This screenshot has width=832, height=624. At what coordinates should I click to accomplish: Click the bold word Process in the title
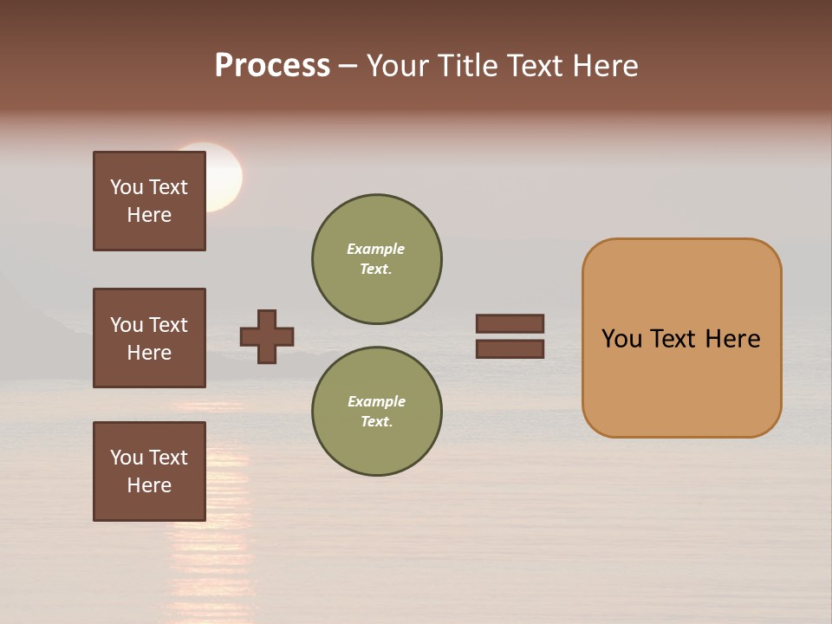pyautogui.click(x=272, y=66)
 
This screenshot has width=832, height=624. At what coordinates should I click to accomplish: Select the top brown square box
pyautogui.click(x=149, y=201)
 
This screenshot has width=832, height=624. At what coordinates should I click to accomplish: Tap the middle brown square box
pyautogui.click(x=149, y=338)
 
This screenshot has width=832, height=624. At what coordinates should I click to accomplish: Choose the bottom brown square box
pyautogui.click(x=149, y=471)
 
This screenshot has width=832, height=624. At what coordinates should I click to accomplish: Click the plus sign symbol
pyautogui.click(x=267, y=336)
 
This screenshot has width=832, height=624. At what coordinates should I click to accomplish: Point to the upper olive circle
pyautogui.click(x=376, y=259)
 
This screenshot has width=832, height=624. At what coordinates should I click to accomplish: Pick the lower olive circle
pyautogui.click(x=376, y=412)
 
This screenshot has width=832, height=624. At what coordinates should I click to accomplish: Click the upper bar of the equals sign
pyautogui.click(x=510, y=323)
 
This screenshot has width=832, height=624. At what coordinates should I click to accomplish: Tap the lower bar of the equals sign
pyautogui.click(x=510, y=348)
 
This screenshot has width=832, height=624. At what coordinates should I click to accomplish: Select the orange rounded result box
pyautogui.click(x=681, y=338)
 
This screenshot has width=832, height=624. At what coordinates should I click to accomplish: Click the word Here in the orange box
pyautogui.click(x=732, y=339)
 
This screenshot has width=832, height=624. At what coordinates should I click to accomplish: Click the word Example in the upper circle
pyautogui.click(x=376, y=249)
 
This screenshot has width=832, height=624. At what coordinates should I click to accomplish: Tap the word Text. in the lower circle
pyautogui.click(x=376, y=422)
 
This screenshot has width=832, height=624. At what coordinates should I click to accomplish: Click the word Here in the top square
pyautogui.click(x=149, y=215)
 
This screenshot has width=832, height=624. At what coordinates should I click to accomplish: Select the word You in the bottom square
pyautogui.click(x=127, y=458)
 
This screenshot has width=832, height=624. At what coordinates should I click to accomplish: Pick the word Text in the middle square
pyautogui.click(x=168, y=325)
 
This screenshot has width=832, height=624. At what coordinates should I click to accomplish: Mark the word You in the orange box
pyautogui.click(x=622, y=339)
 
